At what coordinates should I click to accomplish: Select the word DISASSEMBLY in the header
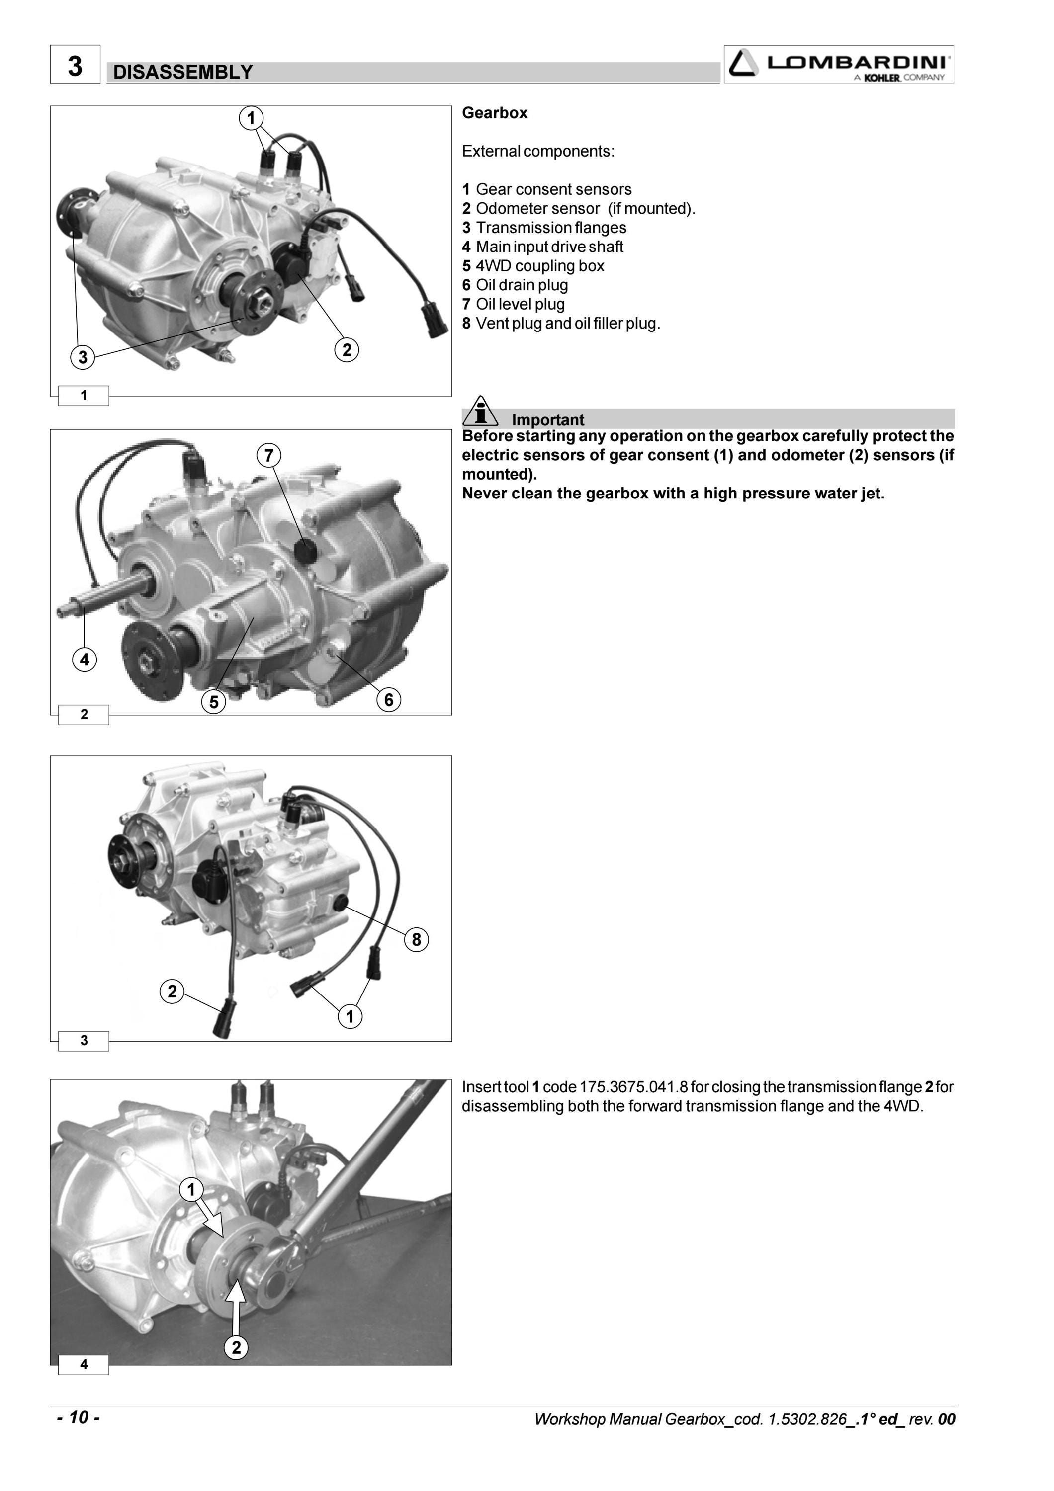click(182, 72)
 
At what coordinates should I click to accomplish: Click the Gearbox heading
click(494, 113)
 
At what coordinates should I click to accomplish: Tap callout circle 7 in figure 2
click(269, 455)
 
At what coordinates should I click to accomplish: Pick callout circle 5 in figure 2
click(214, 701)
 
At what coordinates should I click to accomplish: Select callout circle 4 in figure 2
click(85, 660)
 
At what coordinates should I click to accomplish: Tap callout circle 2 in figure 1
click(347, 349)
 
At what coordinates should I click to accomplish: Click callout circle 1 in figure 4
click(191, 1190)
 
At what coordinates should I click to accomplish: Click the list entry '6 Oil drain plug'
click(515, 285)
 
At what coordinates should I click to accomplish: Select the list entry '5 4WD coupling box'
click(533, 265)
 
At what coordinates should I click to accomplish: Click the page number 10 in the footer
click(78, 1417)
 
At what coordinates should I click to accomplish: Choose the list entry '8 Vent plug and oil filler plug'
click(561, 324)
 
